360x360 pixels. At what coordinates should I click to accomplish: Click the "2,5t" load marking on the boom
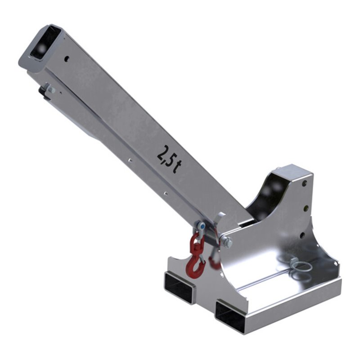(170, 159)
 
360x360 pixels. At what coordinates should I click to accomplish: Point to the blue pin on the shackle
(202, 227)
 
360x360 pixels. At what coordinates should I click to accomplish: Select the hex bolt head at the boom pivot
(227, 242)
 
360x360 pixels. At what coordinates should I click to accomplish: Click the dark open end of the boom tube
(42, 44)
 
